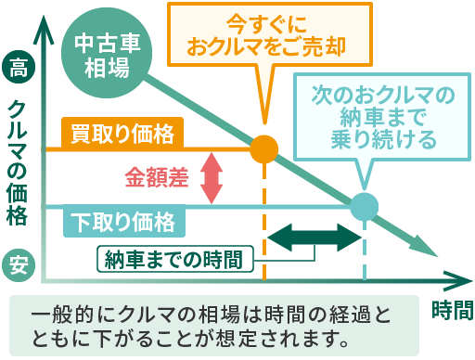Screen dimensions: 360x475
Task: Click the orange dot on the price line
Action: (x=264, y=148)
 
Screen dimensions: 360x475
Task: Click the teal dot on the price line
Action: (x=364, y=205)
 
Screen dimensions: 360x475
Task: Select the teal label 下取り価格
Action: (x=122, y=221)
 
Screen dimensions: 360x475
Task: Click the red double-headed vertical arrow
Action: (x=212, y=176)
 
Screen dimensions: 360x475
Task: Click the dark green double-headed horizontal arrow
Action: (x=314, y=238)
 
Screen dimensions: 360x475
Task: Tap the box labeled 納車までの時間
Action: (x=174, y=258)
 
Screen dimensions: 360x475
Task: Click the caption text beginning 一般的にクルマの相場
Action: (x=214, y=323)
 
